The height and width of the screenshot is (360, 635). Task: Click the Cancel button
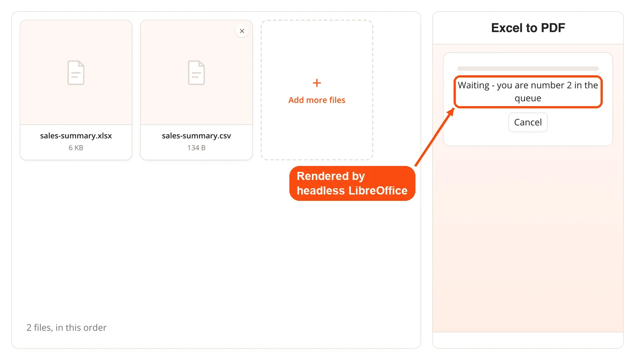[528, 122]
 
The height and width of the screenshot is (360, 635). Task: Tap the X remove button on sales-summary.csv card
[242, 31]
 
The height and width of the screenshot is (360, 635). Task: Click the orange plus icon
[317, 83]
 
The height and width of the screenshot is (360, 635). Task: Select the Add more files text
[317, 100]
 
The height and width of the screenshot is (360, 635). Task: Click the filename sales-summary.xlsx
[76, 136]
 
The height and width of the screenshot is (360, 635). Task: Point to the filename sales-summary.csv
[196, 136]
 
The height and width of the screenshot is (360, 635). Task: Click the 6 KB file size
[76, 148]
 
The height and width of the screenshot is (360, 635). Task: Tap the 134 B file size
[196, 148]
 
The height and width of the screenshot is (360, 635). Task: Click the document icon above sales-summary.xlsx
[76, 73]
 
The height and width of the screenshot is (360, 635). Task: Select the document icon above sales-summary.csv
[196, 73]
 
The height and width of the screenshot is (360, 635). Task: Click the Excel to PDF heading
[528, 28]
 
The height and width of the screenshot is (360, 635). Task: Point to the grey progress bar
[528, 68]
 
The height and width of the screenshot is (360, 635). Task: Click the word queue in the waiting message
[528, 99]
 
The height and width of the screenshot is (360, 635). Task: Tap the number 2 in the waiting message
[569, 85]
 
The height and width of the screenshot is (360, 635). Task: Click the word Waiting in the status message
[474, 86]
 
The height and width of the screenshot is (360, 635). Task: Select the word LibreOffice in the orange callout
[378, 191]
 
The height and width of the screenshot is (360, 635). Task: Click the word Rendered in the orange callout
[322, 176]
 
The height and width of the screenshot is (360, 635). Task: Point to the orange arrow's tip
[454, 108]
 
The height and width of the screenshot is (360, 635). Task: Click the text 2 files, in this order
[67, 328]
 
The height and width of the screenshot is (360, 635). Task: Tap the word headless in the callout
[321, 191]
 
